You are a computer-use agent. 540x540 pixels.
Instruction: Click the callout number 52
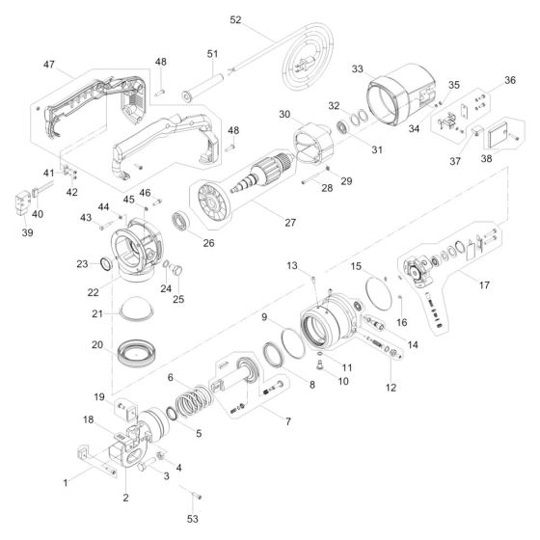tap(235, 19)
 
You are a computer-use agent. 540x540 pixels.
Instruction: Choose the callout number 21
tap(96, 313)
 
